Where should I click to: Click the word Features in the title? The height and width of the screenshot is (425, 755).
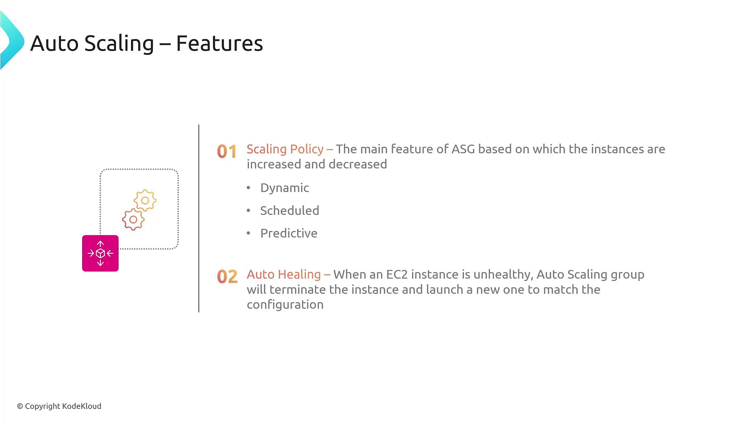(219, 43)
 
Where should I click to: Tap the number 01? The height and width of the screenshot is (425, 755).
(227, 152)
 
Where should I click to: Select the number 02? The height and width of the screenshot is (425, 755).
(227, 277)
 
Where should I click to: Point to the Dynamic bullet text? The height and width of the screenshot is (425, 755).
(285, 188)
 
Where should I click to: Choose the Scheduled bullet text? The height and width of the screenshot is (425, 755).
(290, 211)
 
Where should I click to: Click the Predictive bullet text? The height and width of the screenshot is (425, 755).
(289, 233)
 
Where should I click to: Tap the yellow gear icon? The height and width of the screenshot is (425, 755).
(145, 200)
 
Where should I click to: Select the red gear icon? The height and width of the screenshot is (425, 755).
(133, 219)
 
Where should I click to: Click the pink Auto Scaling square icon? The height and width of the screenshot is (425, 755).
(100, 253)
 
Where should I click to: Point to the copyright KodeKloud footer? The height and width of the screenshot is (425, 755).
(59, 406)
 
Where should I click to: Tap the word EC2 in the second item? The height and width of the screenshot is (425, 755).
(397, 274)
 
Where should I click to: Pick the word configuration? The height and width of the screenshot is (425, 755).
(285, 305)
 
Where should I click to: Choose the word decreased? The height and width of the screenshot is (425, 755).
(358, 164)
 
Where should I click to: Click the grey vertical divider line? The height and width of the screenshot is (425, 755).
(199, 218)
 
